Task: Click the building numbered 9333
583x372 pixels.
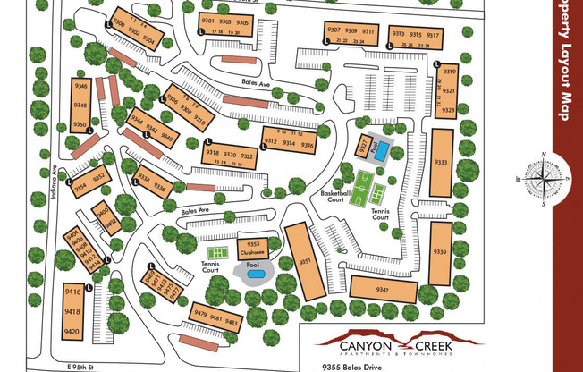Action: [x=441, y=163]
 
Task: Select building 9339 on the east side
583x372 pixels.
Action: [x=440, y=253]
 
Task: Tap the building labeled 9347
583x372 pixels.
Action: [x=383, y=289]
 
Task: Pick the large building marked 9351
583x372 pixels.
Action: [x=304, y=261]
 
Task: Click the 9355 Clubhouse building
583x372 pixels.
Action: [x=253, y=247]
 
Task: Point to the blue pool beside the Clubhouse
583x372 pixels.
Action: [x=254, y=273]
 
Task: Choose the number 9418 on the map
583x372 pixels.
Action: [x=72, y=312]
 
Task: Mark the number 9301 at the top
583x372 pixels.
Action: [x=207, y=20]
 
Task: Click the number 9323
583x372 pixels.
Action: [x=449, y=110]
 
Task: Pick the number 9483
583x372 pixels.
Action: [x=232, y=321]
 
